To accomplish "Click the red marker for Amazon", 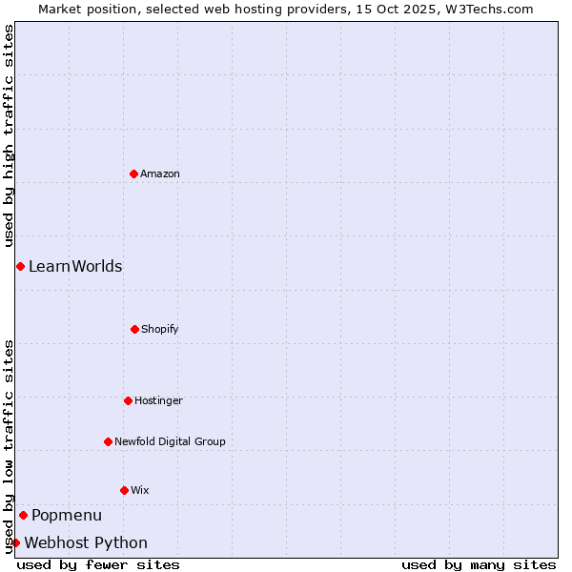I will (x=133, y=174).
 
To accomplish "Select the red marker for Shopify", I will (x=134, y=329).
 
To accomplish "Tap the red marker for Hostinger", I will (x=128, y=400).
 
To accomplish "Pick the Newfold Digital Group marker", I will (x=108, y=441).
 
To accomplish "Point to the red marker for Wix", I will (x=124, y=490).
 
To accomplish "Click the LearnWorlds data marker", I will (x=20, y=266).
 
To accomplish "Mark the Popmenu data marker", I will (x=23, y=515).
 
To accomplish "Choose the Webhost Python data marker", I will (x=15, y=542).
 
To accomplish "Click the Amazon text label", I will (x=160, y=174).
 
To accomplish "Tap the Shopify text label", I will (x=160, y=329).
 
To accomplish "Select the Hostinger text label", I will (x=158, y=400).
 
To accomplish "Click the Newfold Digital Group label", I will (x=170, y=441).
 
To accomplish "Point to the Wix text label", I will (x=140, y=490).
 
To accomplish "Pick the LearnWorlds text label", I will (x=75, y=266).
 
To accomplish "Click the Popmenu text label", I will (x=67, y=515).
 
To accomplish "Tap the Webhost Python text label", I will (x=86, y=542).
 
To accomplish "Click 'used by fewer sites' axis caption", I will (x=98, y=564).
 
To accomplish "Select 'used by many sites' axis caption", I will (x=479, y=564).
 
